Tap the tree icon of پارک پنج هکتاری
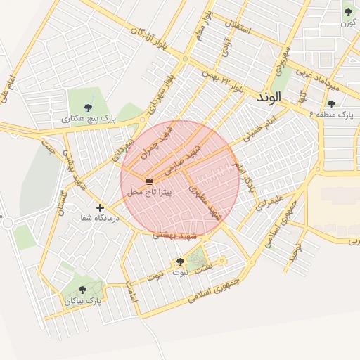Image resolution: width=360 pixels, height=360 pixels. [x=88, y=108]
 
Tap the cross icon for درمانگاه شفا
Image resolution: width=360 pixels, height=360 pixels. [x=101, y=207]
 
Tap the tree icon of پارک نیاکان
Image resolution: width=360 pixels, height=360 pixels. [x=82, y=290]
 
